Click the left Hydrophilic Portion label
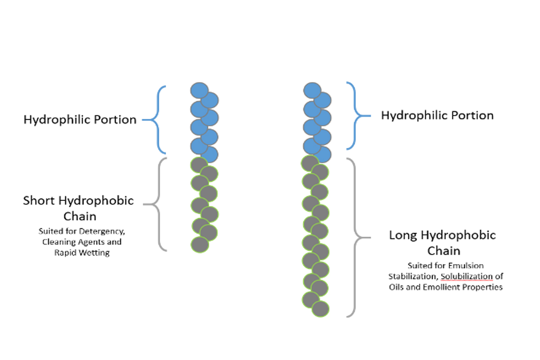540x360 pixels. click(x=80, y=120)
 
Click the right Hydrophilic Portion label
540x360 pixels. click(x=437, y=116)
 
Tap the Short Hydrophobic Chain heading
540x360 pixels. click(x=79, y=208)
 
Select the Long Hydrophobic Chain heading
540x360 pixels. click(x=442, y=242)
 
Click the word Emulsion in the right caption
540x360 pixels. click(x=468, y=265)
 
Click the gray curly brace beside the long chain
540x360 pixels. click(x=356, y=237)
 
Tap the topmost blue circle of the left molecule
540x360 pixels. click(x=199, y=90)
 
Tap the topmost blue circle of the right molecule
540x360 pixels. click(x=312, y=90)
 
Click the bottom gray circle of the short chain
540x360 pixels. click(x=200, y=245)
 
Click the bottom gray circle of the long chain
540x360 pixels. click(x=320, y=309)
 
